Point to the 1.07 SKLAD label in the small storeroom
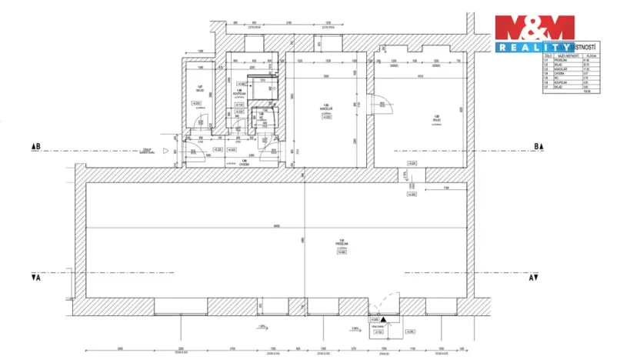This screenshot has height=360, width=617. [x=198, y=88]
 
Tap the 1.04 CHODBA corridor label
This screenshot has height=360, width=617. [x=244, y=162]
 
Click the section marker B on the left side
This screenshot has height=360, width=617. [x=35, y=145]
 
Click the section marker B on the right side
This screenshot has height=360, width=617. [x=539, y=145]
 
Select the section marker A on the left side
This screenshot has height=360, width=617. [x=35, y=278]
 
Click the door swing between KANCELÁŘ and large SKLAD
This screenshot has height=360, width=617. [x=379, y=102]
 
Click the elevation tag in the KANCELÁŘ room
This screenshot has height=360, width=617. [x=326, y=118]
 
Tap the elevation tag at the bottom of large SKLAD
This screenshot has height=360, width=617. [x=412, y=163]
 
